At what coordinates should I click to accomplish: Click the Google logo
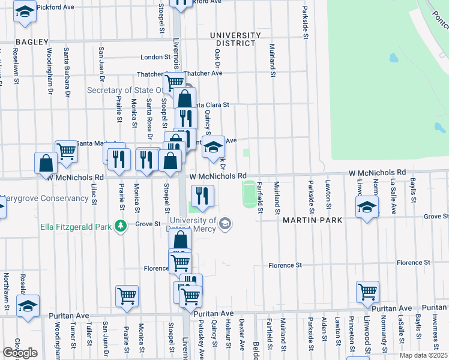20,353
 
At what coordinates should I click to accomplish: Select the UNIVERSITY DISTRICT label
235,40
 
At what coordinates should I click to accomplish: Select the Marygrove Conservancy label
45,199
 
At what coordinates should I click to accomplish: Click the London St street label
155,57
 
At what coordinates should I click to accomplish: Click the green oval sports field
249,195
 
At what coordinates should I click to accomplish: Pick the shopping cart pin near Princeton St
367,292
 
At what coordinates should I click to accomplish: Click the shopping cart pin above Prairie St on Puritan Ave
127,296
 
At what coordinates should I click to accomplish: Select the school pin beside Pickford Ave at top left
25,12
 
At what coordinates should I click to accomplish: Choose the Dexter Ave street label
242,334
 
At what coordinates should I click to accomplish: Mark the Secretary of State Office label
124,90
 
